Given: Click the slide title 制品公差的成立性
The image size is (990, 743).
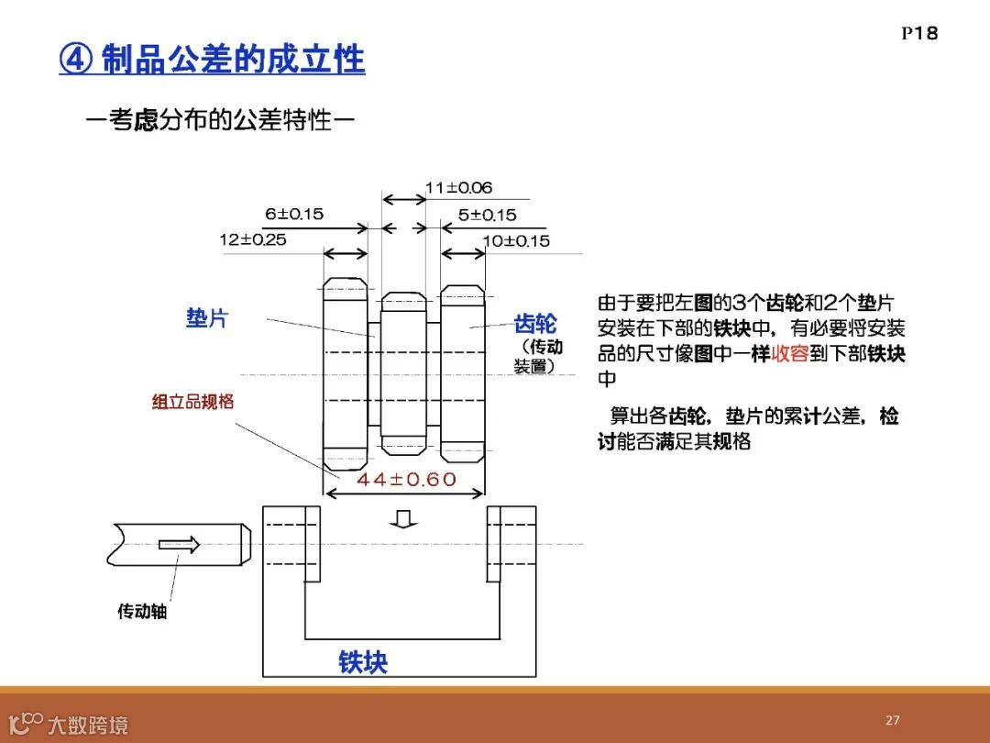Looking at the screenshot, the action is pos(233,61).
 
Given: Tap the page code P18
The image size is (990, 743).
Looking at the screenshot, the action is pos(919,33).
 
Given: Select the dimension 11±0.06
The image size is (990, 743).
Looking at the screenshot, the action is pos(458,188).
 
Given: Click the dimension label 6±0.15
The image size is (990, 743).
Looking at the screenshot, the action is pos(294,214).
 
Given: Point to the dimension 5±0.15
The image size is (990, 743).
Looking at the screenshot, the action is pos(487,215).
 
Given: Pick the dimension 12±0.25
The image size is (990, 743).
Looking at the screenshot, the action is pos(252,239).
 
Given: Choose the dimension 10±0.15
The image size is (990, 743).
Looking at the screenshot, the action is pos(516,240).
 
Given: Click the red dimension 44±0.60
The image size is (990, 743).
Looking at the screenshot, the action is pos(406,479).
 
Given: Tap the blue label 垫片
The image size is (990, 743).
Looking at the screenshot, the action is pos(207,318).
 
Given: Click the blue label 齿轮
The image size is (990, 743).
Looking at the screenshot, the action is pos(534,324).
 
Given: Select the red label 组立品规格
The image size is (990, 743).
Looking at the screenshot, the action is pos(192,402).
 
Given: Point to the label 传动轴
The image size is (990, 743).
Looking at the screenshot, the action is pos(142,611).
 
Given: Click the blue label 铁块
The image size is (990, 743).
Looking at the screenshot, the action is pos(363,661).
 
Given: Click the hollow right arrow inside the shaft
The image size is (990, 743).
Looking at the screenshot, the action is pos(179,544).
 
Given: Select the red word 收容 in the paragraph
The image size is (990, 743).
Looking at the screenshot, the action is pos(789,354).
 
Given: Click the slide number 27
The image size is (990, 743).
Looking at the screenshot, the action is pos(893,720).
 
